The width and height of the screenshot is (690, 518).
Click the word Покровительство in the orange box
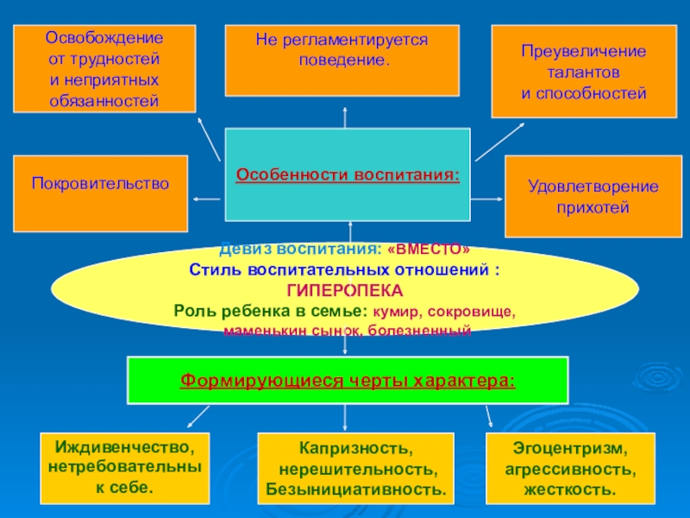pos(101,183)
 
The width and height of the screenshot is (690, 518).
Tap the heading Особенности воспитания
pos(348,174)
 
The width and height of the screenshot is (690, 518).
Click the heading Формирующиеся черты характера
pos(348,380)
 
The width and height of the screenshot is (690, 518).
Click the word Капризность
pos(356,450)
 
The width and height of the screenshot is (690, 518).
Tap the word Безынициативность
pos(356,490)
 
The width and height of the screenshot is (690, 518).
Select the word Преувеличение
pos(584,52)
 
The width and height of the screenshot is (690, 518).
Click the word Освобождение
pos(103,39)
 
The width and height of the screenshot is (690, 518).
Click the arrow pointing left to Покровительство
pos(207,199)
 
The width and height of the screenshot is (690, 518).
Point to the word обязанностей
pos(103,101)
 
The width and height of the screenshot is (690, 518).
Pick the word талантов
pos(584,73)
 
